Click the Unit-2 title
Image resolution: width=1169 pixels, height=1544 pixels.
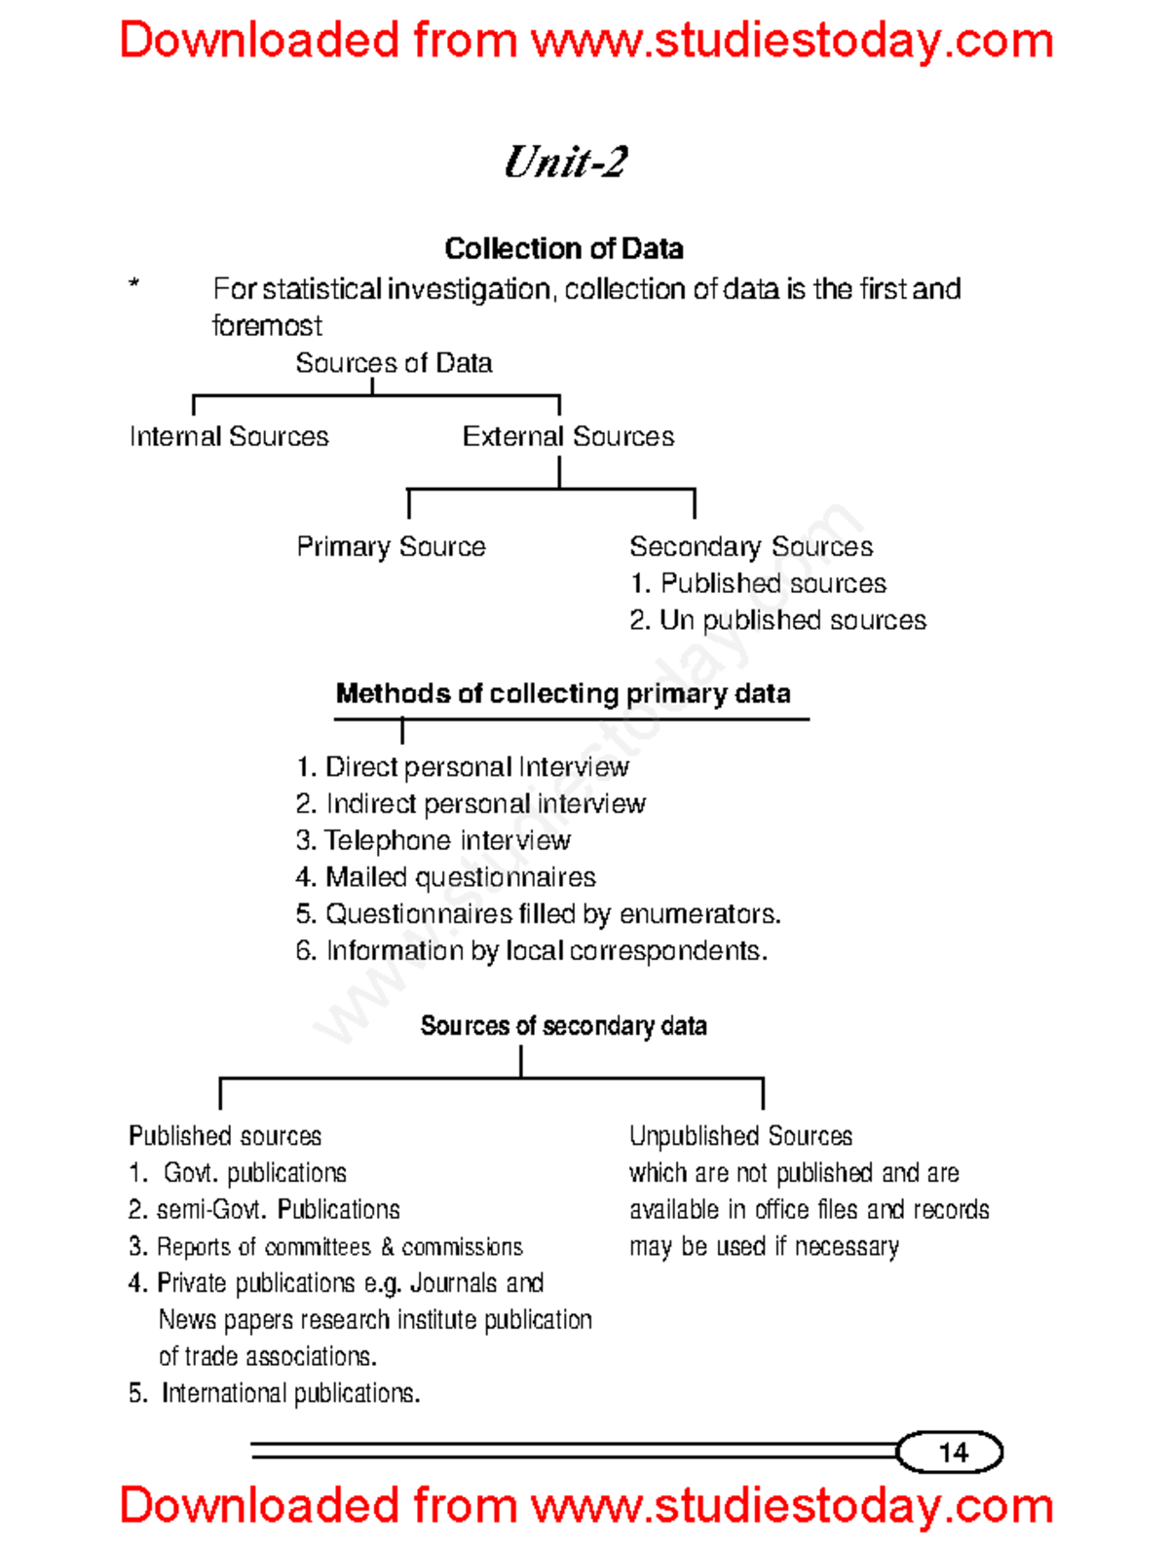pyautogui.click(x=565, y=162)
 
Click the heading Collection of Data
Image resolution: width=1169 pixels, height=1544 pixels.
pyautogui.click(x=563, y=249)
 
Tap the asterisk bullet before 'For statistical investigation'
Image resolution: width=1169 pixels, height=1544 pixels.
pyautogui.click(x=134, y=285)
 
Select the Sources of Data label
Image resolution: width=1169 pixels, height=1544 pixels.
pyautogui.click(x=394, y=363)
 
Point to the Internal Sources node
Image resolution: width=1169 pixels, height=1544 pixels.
pyautogui.click(x=229, y=436)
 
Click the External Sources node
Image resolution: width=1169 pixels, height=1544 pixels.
pyautogui.click(x=568, y=436)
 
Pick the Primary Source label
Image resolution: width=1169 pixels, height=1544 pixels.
pyautogui.click(x=391, y=546)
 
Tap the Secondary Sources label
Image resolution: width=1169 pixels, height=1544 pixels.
pyautogui.click(x=750, y=546)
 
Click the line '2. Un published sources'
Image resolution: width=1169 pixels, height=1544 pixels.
pyautogui.click(x=777, y=620)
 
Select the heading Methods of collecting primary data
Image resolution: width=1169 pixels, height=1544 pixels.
pyautogui.click(x=563, y=693)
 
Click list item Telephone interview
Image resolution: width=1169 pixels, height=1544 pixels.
pyautogui.click(x=434, y=840)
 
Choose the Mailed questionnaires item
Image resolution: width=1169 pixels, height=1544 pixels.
pyautogui.click(x=446, y=877)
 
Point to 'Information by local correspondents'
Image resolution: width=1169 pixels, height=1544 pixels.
pyautogui.click(x=532, y=950)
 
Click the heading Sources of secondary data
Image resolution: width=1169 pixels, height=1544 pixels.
pyautogui.click(x=563, y=1026)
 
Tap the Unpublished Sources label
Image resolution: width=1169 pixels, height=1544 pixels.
pyautogui.click(x=740, y=1136)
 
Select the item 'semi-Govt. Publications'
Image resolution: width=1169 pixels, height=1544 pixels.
pyautogui.click(x=264, y=1210)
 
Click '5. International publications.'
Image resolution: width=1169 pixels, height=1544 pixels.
pyautogui.click(x=275, y=1393)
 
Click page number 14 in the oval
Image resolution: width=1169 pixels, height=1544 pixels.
pyautogui.click(x=952, y=1452)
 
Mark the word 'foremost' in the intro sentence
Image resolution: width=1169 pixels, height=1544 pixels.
pyautogui.click(x=267, y=325)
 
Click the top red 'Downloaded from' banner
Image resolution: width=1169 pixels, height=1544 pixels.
pyautogui.click(x=585, y=41)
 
